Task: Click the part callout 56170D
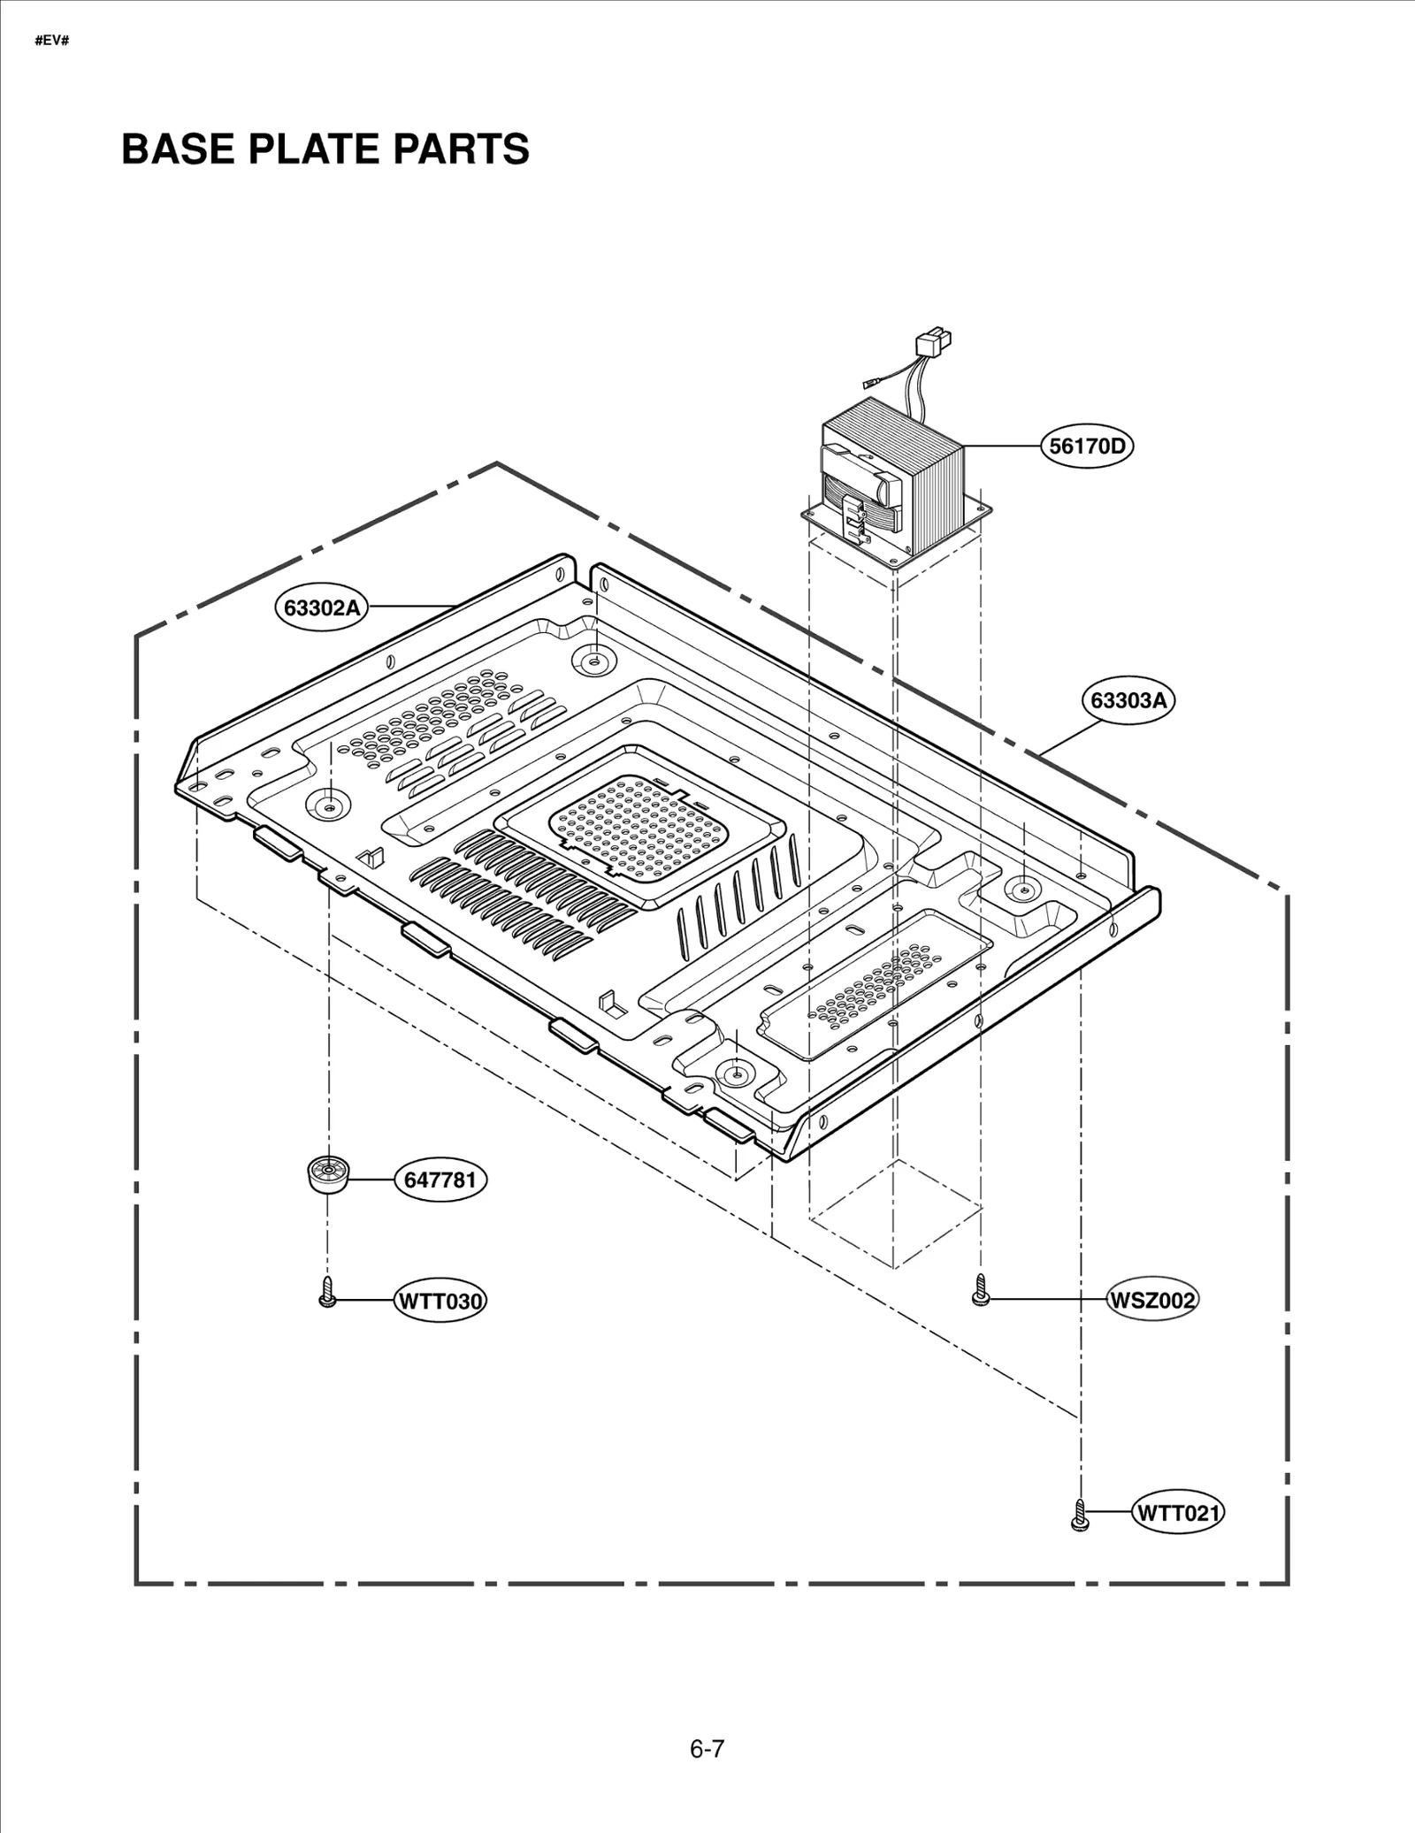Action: coord(1087,446)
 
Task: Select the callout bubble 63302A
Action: coord(321,607)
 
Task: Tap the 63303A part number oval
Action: coord(1128,700)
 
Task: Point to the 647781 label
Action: coord(440,1180)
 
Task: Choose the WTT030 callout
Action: coord(440,1301)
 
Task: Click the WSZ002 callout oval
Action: coord(1151,1300)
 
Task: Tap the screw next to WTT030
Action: coord(327,1292)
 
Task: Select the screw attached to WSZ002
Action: coord(980,1290)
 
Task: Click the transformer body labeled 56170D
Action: coord(893,482)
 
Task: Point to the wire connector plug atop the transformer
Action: coord(935,339)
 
